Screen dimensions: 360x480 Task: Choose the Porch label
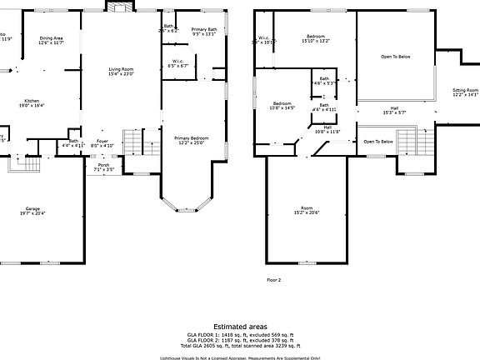[x=103, y=167]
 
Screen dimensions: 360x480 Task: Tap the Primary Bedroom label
[x=191, y=139]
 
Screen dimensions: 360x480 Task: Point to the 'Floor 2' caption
[x=273, y=280]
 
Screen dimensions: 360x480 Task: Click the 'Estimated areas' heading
[x=240, y=326]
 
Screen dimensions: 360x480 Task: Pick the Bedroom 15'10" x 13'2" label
[x=315, y=38]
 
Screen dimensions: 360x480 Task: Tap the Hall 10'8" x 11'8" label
[x=327, y=129]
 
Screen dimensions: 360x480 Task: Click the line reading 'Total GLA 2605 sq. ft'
[x=240, y=344]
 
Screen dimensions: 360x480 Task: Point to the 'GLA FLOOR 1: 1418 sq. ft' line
[x=240, y=333]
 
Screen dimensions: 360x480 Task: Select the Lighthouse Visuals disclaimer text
[x=240, y=357]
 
